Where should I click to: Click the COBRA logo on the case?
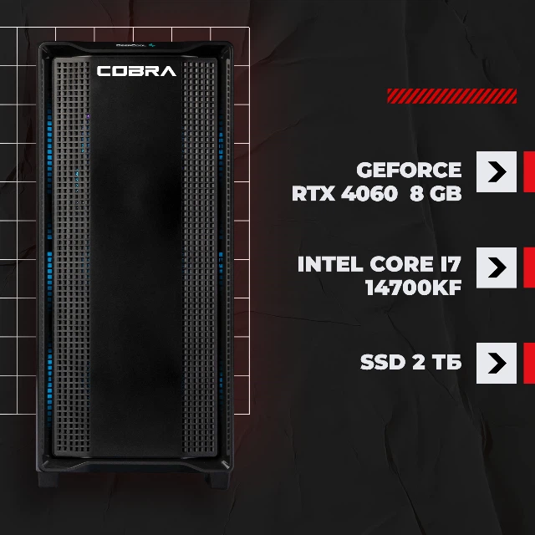point(136,71)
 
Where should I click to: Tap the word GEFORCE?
point(409,170)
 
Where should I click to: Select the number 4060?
point(369,193)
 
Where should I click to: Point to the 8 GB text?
point(436,193)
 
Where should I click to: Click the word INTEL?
point(330,264)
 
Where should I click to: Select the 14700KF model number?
point(414,288)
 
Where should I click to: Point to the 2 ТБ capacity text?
point(437,362)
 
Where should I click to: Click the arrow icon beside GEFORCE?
point(497,171)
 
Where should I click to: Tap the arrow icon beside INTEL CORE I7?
point(497,267)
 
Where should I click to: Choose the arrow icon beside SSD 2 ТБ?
point(497,363)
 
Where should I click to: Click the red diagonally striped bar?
point(451,96)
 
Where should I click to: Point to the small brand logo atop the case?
point(135,45)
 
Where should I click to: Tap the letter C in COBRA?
point(104,71)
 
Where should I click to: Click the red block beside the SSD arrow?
point(529,363)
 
